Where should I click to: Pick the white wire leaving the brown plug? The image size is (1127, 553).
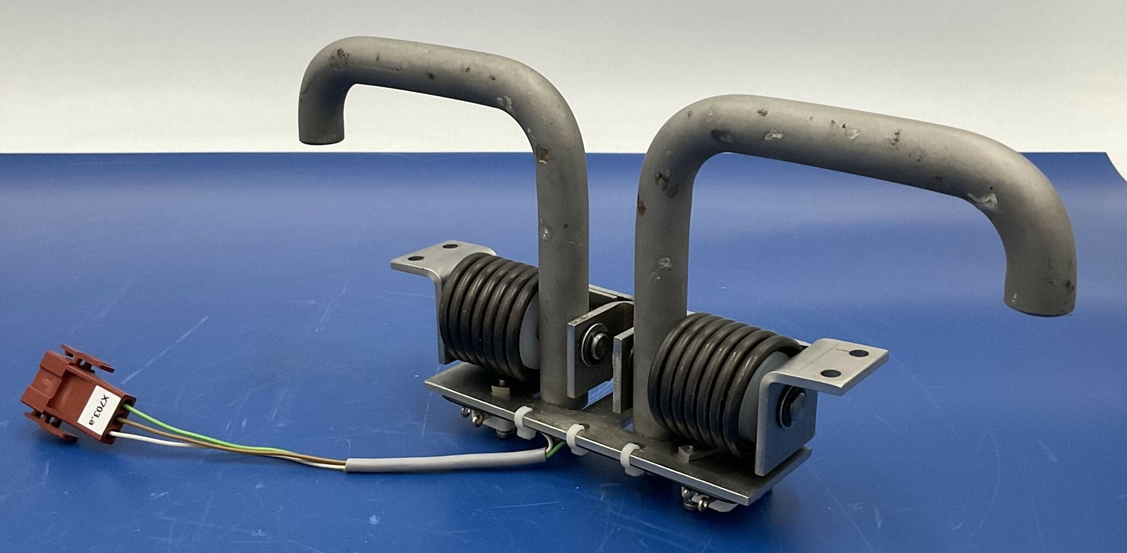coord(165,441)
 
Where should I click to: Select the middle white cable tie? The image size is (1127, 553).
coord(575,438)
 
